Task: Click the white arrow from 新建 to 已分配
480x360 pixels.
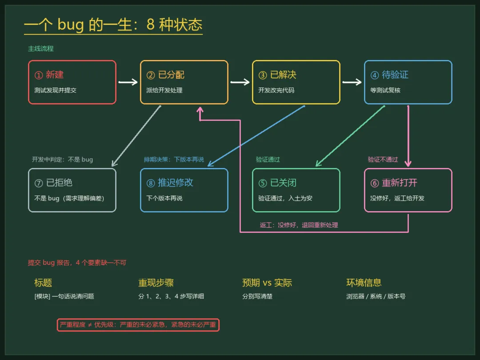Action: pyautogui.click(x=128, y=82)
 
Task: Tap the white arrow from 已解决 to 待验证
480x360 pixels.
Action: pyautogui.click(x=352, y=82)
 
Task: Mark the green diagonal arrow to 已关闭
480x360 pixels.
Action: pyautogui.click(x=350, y=136)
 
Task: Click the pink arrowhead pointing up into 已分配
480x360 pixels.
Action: pyautogui.click(x=200, y=110)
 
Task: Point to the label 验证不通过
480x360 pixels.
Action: pyautogui.click(x=383, y=160)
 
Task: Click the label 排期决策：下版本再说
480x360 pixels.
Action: pyautogui.click(x=174, y=160)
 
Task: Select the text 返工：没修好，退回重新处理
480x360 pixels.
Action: pyautogui.click(x=299, y=225)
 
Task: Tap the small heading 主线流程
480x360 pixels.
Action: pyautogui.click(x=41, y=49)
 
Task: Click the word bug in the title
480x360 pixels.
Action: pyautogui.click(x=70, y=24)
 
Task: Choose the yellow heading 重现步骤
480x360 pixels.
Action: pyautogui.click(x=156, y=283)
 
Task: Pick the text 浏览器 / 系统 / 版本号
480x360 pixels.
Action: pyautogui.click(x=376, y=296)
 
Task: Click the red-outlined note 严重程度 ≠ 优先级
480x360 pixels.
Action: pyautogui.click(x=138, y=325)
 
